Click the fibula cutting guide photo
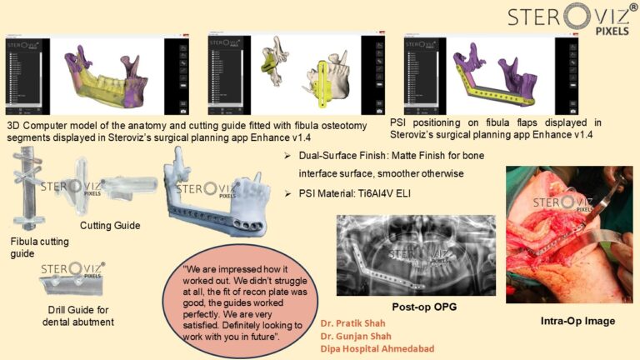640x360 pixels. click(33, 189)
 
